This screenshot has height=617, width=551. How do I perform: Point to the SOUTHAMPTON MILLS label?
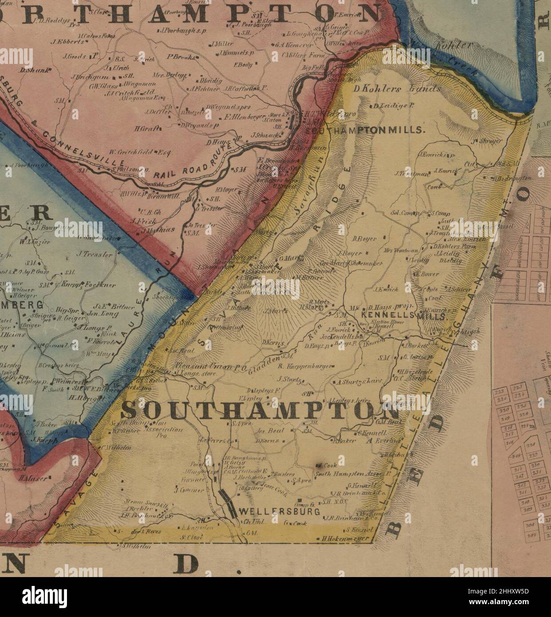(366, 131)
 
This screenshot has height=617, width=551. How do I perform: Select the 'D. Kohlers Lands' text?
(397, 89)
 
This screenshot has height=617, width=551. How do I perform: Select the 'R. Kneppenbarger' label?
(305, 366)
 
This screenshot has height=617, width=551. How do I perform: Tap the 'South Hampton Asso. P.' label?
(351, 474)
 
